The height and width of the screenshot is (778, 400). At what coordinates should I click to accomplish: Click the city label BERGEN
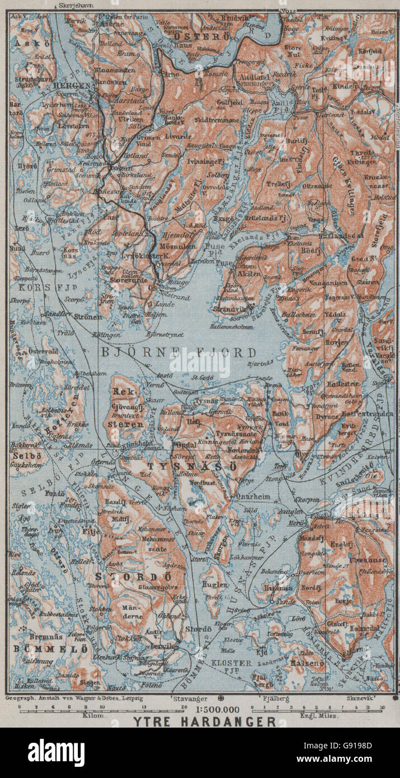point(72,86)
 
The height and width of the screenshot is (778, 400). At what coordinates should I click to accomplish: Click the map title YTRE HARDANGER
point(204,721)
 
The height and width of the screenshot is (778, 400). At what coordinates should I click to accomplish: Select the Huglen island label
point(215,585)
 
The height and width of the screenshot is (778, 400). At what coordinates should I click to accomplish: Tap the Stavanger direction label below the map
point(195,699)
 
